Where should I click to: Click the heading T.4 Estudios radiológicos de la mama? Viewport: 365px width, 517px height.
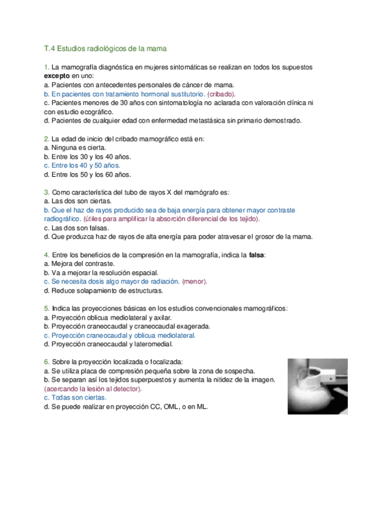click(x=105, y=47)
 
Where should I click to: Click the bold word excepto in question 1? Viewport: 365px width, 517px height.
click(x=56, y=76)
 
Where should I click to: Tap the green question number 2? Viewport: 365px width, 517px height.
click(x=46, y=138)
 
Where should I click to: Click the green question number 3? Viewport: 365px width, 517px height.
click(x=46, y=191)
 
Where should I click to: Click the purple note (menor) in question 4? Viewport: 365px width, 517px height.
click(x=195, y=281)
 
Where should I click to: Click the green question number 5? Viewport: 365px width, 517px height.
click(x=46, y=308)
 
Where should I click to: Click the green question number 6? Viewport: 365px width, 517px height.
click(x=46, y=362)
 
